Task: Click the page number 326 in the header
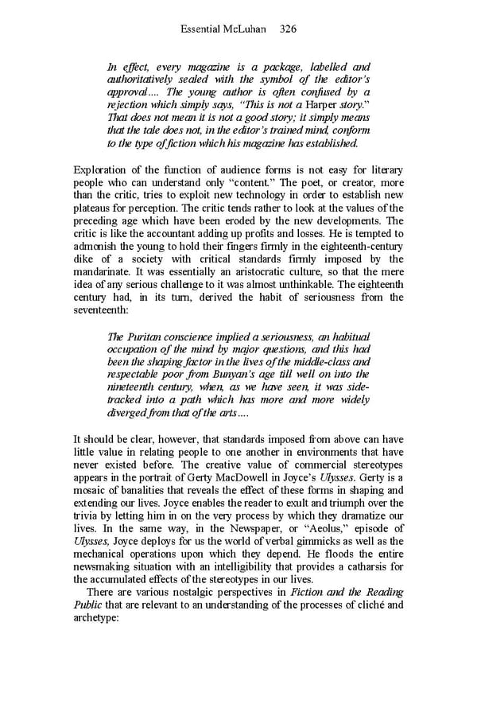click(x=288, y=29)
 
